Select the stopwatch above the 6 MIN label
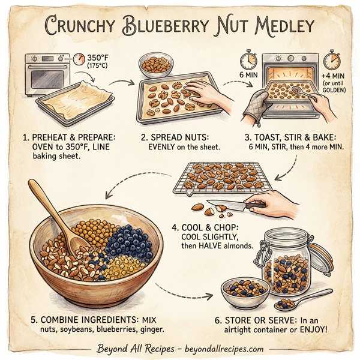click(x=248, y=60)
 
